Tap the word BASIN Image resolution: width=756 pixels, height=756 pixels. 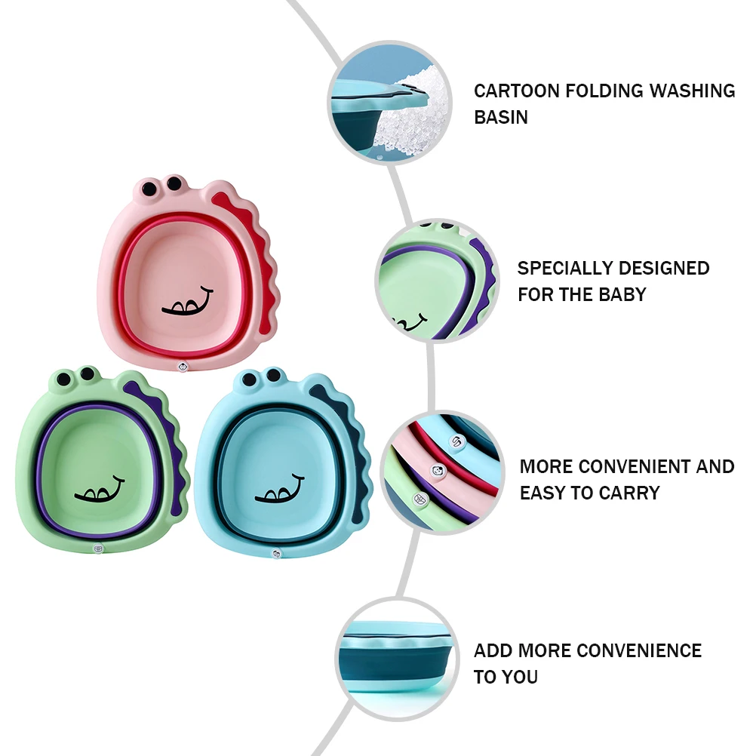[501, 118]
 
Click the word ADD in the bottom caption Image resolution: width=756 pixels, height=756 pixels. [493, 650]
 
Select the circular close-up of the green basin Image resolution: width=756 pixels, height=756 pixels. [437, 281]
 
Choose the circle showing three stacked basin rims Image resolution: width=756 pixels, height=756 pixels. [441, 472]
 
